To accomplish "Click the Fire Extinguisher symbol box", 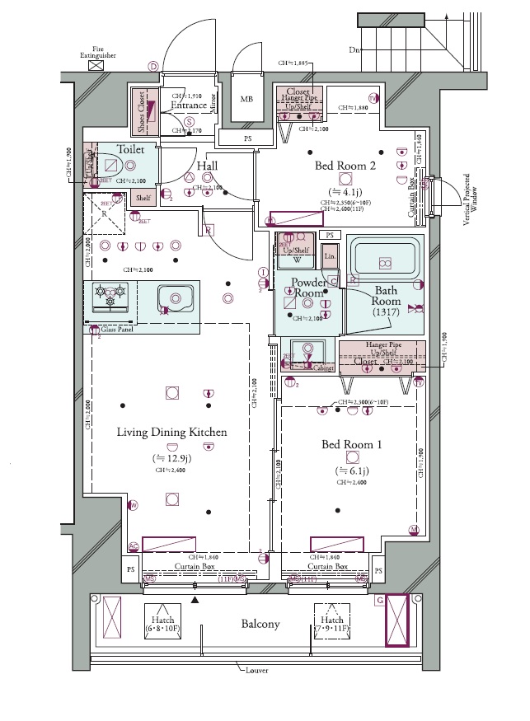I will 97,63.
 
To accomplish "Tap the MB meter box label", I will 246,100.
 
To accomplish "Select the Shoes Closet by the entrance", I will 140,111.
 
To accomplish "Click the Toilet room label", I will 131,150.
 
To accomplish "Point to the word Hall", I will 207,166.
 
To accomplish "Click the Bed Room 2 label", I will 345,166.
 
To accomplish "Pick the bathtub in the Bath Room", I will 383,262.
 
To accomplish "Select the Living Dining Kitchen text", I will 171,432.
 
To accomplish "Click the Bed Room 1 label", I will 352,445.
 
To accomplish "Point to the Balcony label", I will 260,624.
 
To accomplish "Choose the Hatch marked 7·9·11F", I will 333,624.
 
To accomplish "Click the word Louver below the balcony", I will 258,670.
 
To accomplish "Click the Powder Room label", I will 309,288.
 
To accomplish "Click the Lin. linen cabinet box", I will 330,256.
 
